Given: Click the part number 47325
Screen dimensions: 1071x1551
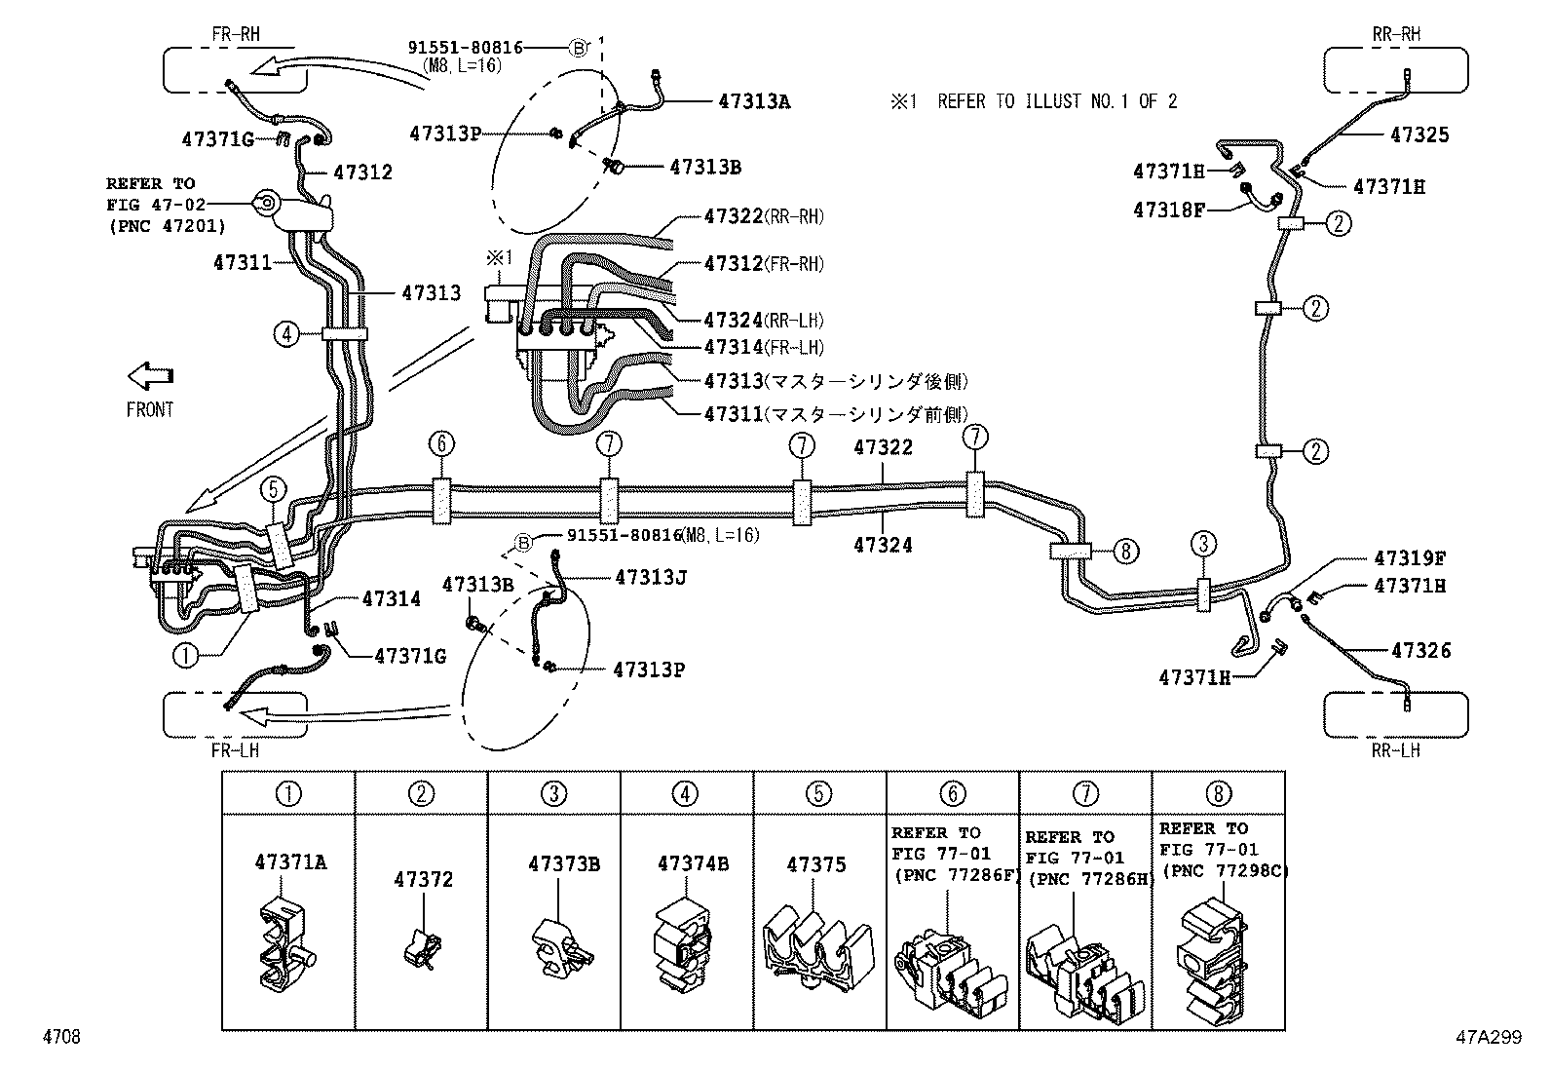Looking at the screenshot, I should [x=1419, y=135].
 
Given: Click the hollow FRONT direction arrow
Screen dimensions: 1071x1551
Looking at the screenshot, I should [x=150, y=376].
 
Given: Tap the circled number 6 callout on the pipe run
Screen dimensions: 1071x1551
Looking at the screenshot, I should [x=440, y=444].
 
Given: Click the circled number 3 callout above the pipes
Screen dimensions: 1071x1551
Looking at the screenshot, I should [x=1204, y=544].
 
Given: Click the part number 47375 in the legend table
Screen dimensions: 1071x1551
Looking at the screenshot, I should [x=816, y=864].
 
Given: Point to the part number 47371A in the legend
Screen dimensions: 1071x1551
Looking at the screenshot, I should [x=290, y=862].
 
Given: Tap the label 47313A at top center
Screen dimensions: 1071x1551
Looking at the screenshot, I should [x=754, y=100].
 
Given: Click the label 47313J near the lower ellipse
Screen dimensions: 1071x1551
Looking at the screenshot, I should [x=651, y=578].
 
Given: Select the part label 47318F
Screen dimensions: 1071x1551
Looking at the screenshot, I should [x=1168, y=209].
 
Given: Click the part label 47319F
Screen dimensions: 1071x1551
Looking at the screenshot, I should [x=1410, y=558].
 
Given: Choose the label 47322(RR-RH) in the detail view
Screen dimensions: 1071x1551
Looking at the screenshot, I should [x=764, y=216].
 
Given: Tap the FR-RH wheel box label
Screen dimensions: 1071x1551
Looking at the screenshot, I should [x=235, y=34].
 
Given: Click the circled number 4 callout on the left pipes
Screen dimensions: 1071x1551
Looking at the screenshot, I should [x=285, y=334].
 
